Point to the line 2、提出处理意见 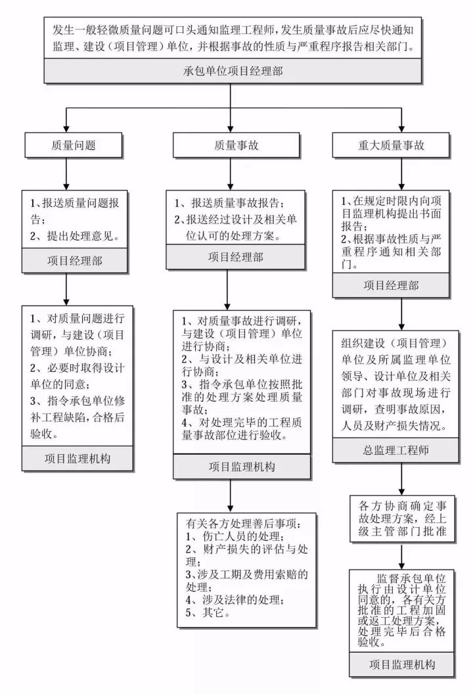(x=74, y=235)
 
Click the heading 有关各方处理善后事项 (x=243, y=524)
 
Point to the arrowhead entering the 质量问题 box (x=64, y=128)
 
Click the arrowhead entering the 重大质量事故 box (x=401, y=128)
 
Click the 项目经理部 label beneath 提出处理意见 (x=74, y=262)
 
